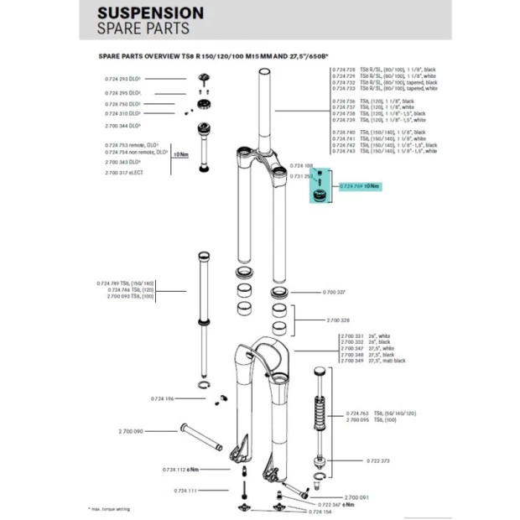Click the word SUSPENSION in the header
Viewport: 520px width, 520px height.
coord(150,13)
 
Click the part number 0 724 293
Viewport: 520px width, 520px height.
coord(122,78)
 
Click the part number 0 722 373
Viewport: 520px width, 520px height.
coord(379,460)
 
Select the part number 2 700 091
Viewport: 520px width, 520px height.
coord(357,497)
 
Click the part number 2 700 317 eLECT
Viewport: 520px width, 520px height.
coord(124,172)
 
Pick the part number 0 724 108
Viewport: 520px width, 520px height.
coord(301,166)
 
